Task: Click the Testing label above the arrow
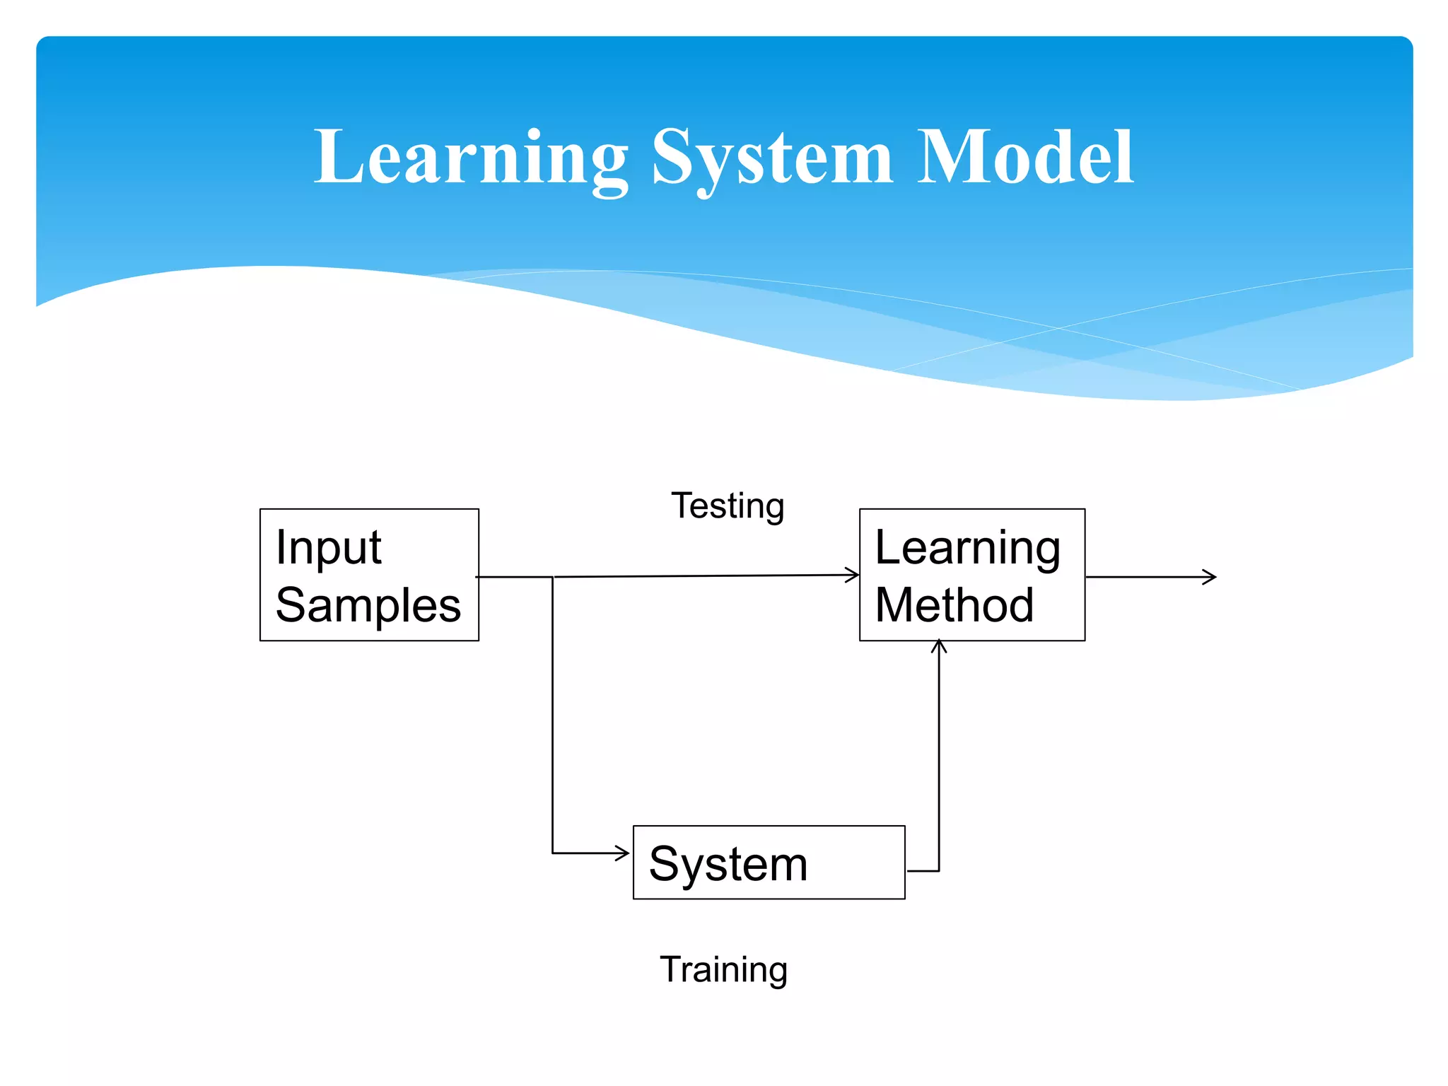coord(728,506)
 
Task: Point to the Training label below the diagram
coord(723,969)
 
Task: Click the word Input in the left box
coord(328,547)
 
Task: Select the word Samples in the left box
coord(368,605)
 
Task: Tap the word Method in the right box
coord(954,605)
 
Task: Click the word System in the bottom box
coord(728,864)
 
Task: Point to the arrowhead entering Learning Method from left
coord(853,575)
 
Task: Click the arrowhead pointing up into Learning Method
coord(938,645)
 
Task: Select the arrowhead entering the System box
coord(624,853)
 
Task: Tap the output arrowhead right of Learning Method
coord(1210,577)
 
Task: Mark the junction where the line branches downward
coord(552,577)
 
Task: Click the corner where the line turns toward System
coord(552,853)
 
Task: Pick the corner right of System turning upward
coord(938,870)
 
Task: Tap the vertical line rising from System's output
coord(938,757)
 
